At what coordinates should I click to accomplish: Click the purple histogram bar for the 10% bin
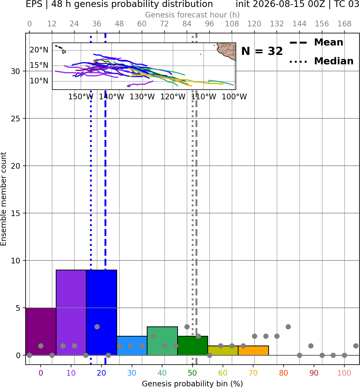(x=71, y=312)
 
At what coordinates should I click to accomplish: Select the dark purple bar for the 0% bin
(x=41, y=331)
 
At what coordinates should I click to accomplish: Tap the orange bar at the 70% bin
(x=253, y=350)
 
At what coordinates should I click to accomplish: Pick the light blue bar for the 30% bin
(x=132, y=345)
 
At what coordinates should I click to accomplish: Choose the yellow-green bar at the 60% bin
(x=223, y=350)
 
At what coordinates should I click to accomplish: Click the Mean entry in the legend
(x=316, y=42)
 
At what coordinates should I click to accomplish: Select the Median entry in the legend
(x=321, y=61)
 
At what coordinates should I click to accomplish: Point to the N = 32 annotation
(x=262, y=51)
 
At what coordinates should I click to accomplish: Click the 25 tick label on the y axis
(x=16, y=119)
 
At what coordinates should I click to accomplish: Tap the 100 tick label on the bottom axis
(x=344, y=373)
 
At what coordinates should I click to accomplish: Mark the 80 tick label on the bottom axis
(x=284, y=373)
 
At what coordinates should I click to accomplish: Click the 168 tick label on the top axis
(x=344, y=24)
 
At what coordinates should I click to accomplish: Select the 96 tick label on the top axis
(x=209, y=24)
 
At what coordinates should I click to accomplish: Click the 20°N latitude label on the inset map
(x=39, y=50)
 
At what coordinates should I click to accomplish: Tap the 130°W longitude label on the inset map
(x=142, y=97)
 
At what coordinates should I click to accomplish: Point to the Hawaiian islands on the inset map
(x=61, y=49)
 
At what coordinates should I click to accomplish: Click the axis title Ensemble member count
(x=4, y=199)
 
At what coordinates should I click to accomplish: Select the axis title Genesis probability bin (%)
(x=193, y=383)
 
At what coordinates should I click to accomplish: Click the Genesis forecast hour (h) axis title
(x=193, y=15)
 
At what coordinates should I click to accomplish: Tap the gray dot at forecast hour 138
(x=288, y=327)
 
